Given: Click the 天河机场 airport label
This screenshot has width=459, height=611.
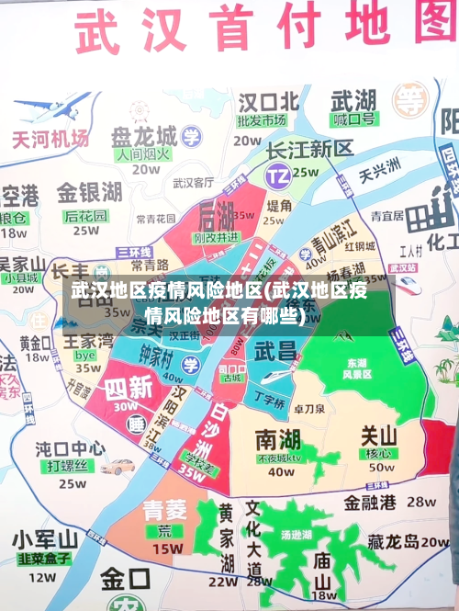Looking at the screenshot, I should (50, 139).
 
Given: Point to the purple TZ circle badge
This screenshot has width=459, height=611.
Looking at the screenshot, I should (277, 174).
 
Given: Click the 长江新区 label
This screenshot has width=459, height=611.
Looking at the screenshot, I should (309, 149).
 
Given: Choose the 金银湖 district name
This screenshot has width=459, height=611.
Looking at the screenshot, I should (89, 193).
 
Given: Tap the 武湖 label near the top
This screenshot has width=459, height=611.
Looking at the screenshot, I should (353, 98).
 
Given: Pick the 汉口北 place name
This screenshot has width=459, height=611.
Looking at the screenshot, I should (269, 100).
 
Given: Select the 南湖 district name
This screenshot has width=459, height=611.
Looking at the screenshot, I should (278, 437).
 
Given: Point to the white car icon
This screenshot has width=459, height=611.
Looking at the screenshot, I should (118, 467).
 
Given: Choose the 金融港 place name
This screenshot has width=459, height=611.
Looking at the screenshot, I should (370, 503).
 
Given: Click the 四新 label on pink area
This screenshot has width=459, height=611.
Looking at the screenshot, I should (129, 387).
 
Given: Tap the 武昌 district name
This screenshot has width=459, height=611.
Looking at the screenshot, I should (275, 350).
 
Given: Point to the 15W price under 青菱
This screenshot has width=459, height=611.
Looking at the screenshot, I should (167, 549).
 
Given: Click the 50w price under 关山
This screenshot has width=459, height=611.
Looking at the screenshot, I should (381, 467).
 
